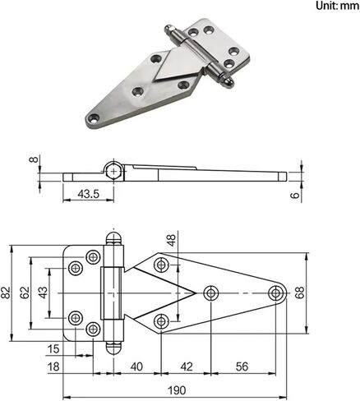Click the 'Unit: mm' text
pyautogui.click(x=337, y=6)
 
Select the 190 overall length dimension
pyautogui.click(x=177, y=390)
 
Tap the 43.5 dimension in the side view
pyautogui.click(x=88, y=194)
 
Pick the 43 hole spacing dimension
pyautogui.click(x=43, y=293)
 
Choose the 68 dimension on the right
pyautogui.click(x=299, y=293)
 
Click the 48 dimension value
pyautogui.click(x=172, y=240)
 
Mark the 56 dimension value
pyautogui.click(x=242, y=366)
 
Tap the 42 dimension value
pyautogui.click(x=187, y=366)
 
